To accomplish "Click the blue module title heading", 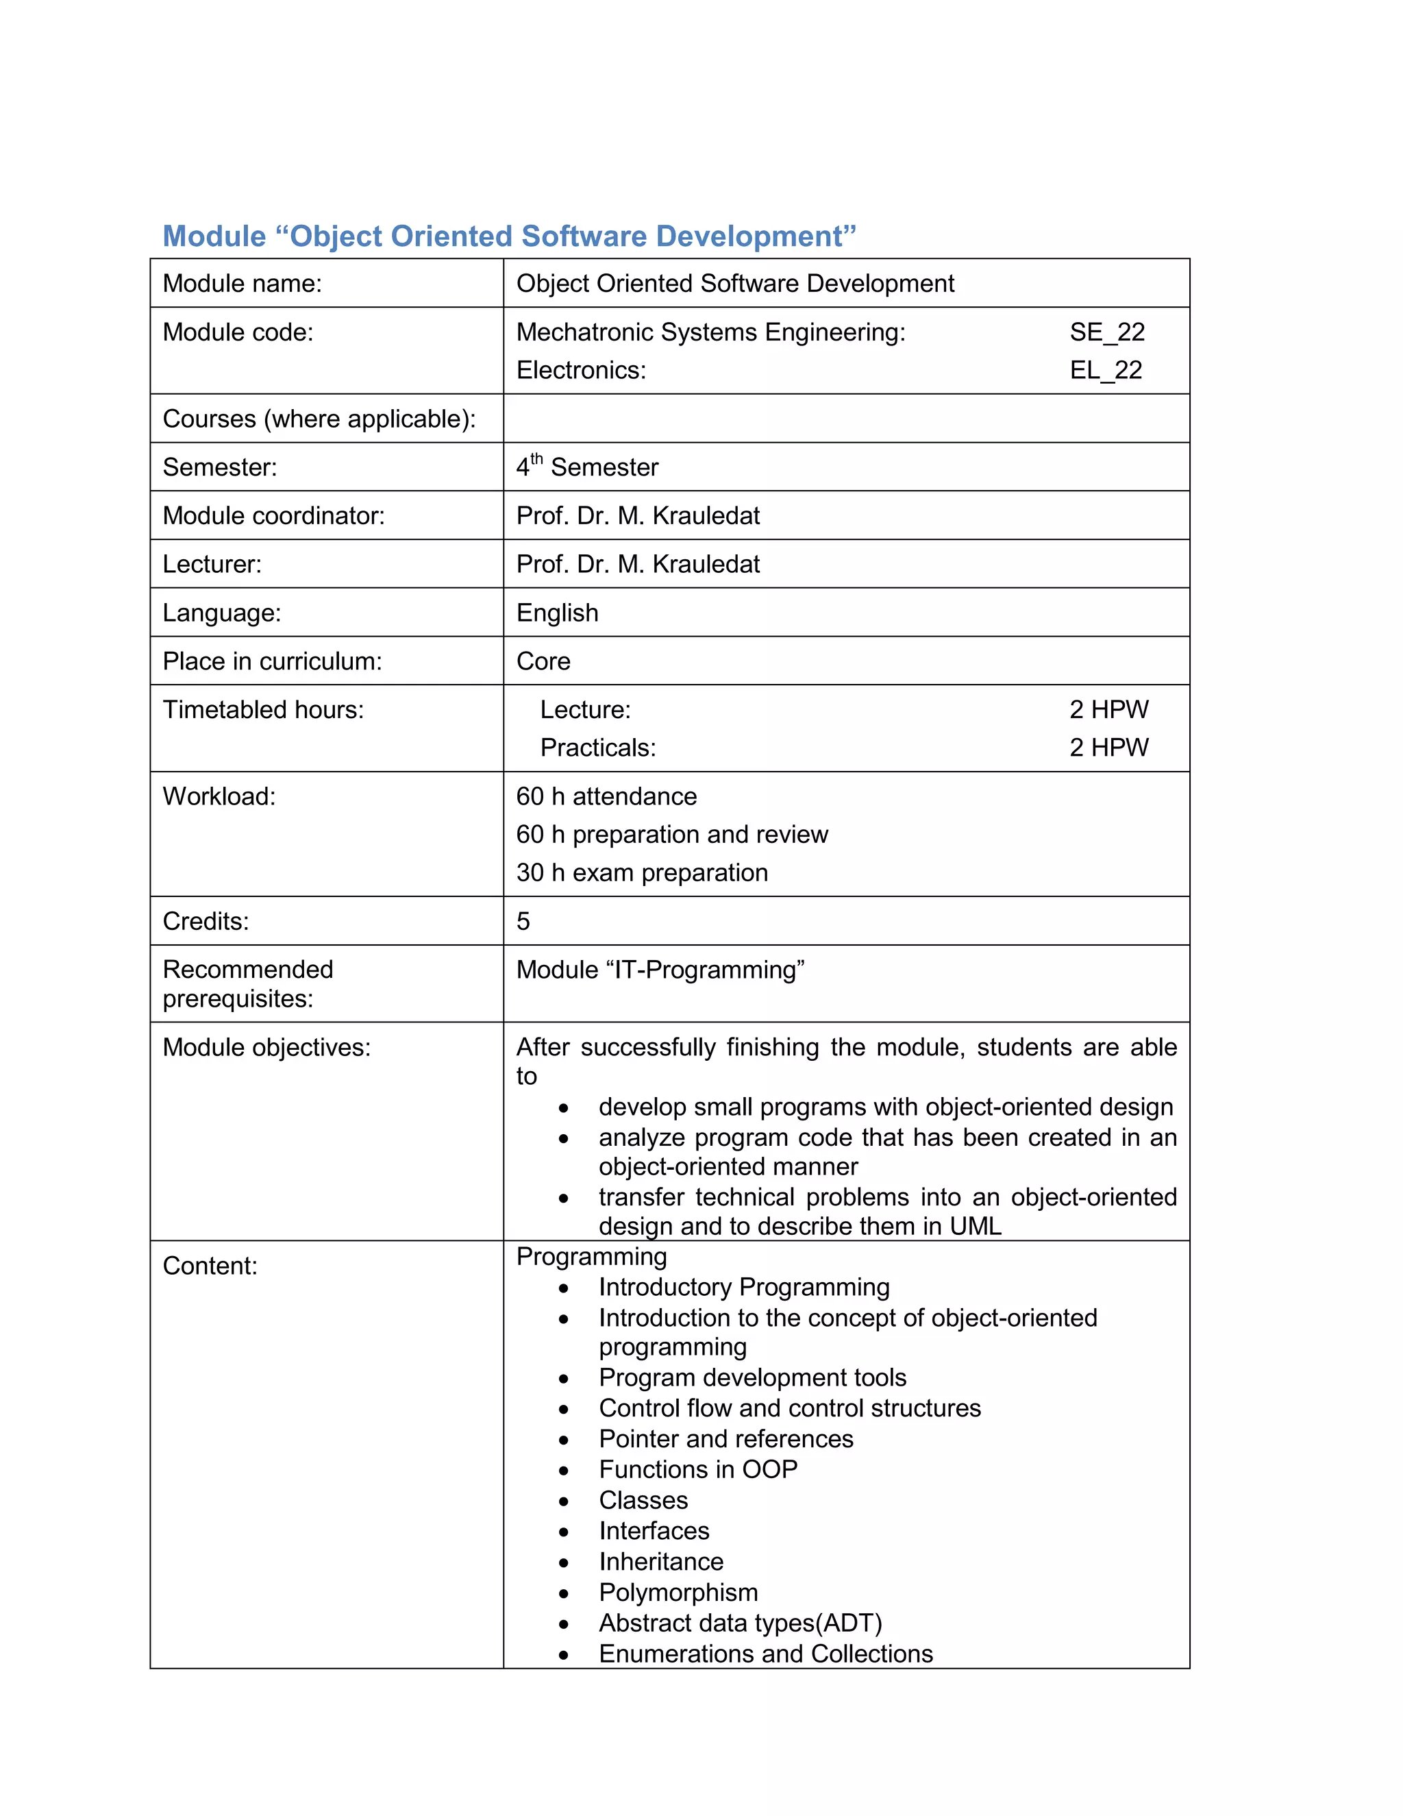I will click(509, 236).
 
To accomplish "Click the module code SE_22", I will click(1106, 332).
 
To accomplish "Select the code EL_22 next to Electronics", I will click(1106, 370).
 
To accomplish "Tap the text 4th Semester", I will click(587, 467).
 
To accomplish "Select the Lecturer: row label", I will click(212, 564).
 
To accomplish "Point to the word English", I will click(557, 613).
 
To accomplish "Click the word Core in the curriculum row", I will click(543, 661).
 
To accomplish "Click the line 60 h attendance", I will click(606, 796).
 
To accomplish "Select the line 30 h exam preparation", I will click(642, 872).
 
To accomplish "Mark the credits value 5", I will click(523, 921).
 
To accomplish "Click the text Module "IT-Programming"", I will click(660, 970).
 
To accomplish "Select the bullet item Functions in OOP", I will click(698, 1469).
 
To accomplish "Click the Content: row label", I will click(210, 1266).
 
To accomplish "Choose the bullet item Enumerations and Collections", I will click(765, 1653).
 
